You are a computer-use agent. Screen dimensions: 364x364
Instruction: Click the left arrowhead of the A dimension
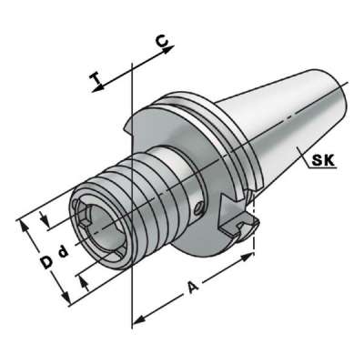(x=137, y=319)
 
